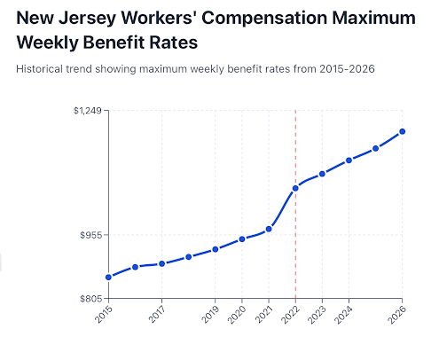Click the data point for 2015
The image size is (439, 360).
(108, 278)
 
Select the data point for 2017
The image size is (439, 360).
(161, 263)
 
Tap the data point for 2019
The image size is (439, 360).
(216, 249)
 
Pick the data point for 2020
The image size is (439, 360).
(242, 239)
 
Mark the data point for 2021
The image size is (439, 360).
(269, 229)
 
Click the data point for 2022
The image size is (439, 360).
(295, 188)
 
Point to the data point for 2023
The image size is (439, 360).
(322, 174)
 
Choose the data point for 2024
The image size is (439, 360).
(349, 160)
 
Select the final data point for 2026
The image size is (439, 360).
(403, 131)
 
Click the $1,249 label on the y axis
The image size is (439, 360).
(89, 111)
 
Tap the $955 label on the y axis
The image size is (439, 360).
(91, 235)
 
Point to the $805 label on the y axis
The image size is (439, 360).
(91, 299)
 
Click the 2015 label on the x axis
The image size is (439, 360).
(104, 312)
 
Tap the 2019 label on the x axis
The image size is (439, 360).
(211, 312)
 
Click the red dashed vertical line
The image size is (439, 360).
(295, 257)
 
